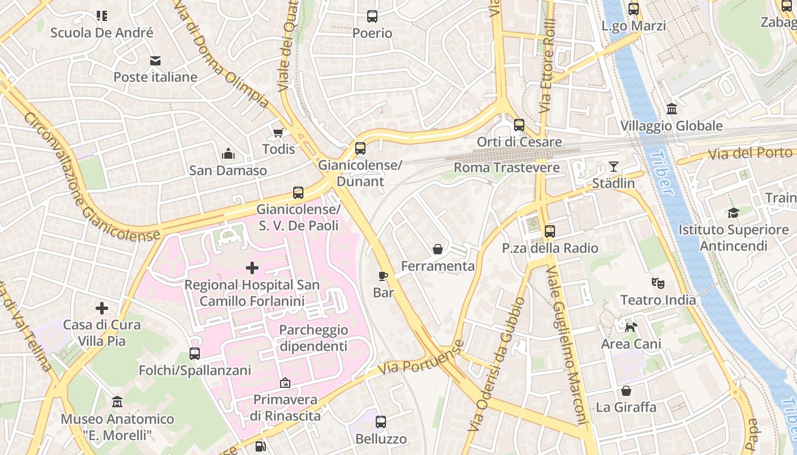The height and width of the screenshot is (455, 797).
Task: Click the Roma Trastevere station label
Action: (506, 168)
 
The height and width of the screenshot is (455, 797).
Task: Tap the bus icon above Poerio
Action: (372, 16)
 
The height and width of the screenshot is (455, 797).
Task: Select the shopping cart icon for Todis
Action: (278, 133)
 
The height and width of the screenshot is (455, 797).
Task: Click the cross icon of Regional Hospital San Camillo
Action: (252, 268)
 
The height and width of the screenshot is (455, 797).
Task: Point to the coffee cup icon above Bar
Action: (383, 276)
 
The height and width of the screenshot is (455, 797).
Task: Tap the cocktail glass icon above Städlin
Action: (613, 167)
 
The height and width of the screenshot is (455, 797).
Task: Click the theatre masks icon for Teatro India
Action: (658, 283)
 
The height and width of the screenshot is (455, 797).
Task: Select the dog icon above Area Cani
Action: (631, 327)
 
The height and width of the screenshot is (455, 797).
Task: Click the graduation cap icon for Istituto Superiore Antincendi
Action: (733, 213)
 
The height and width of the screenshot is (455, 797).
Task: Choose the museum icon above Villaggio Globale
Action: (671, 109)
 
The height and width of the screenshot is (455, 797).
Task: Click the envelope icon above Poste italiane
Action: (155, 61)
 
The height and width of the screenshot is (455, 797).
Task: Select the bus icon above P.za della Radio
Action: (549, 231)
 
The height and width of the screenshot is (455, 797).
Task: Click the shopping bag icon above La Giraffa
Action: (626, 391)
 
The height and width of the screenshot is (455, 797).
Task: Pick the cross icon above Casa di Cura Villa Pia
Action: (102, 308)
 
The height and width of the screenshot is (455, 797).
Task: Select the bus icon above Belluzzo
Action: (381, 422)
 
